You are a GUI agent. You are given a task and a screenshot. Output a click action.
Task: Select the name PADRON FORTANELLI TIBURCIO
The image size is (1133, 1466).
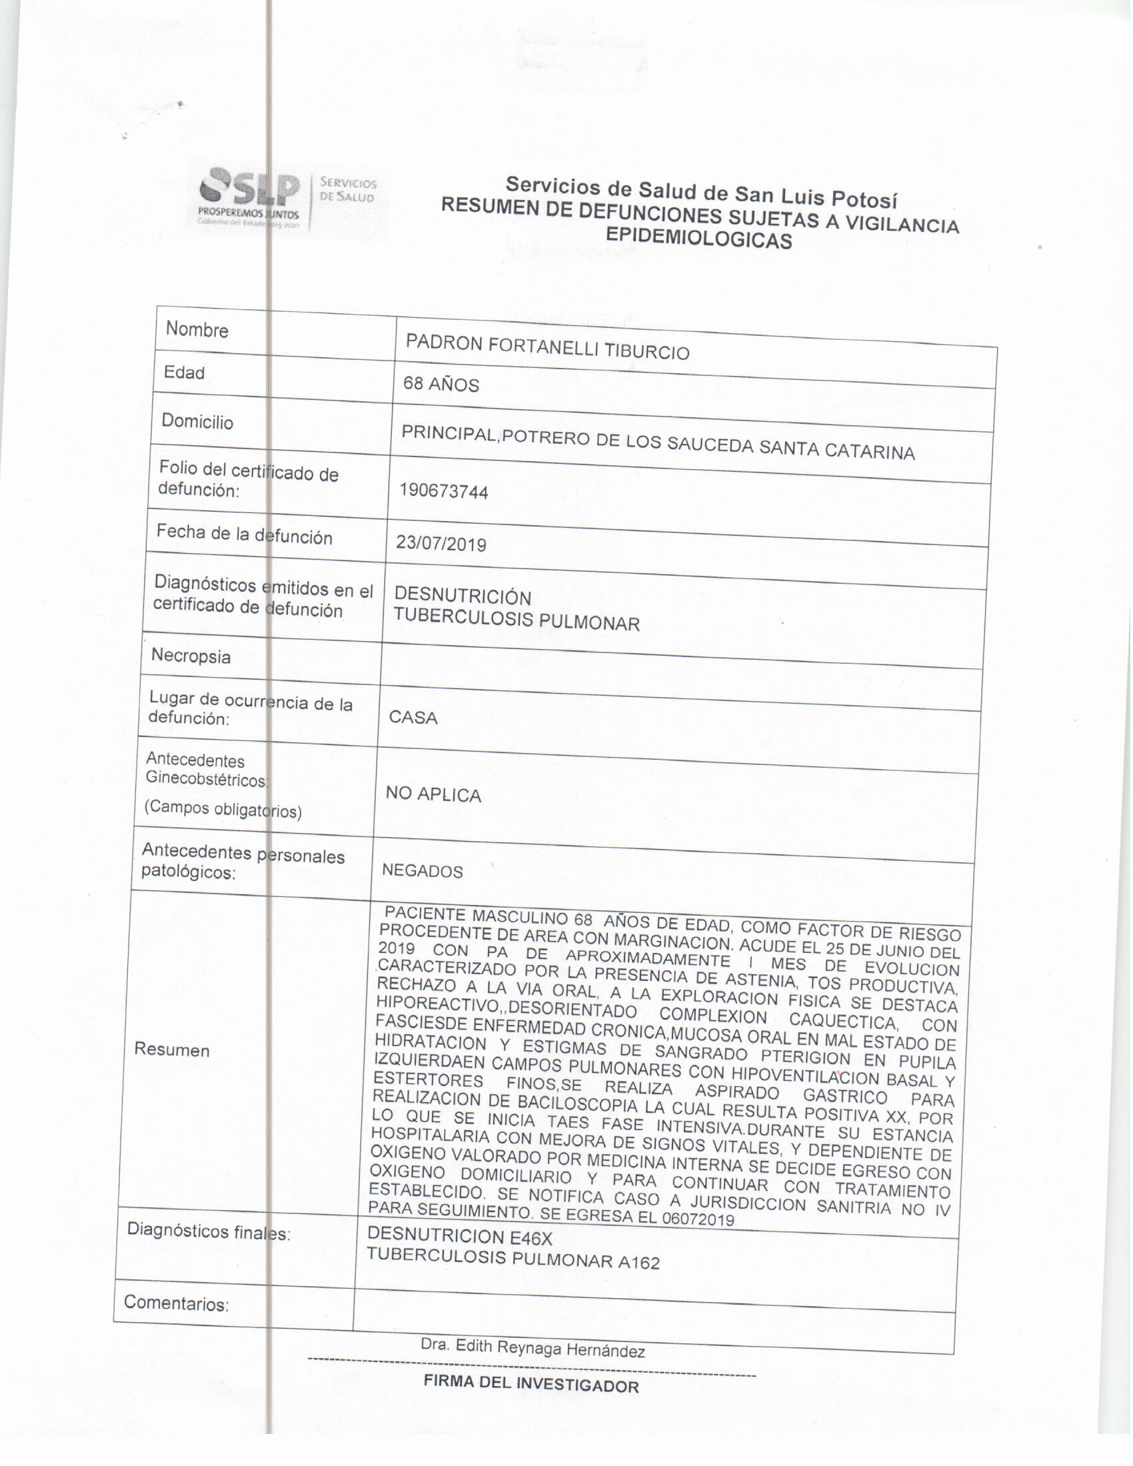coord(547,347)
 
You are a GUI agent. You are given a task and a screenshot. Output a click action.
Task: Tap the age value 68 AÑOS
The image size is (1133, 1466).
coord(441,384)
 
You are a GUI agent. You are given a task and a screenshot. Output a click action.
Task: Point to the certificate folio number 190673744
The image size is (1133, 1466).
coord(444,491)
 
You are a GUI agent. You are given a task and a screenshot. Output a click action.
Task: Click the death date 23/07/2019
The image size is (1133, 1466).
coord(441,543)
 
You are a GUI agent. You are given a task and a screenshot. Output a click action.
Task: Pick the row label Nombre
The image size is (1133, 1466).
coord(197,330)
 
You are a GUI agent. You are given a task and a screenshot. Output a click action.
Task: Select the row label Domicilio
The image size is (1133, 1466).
coord(197,422)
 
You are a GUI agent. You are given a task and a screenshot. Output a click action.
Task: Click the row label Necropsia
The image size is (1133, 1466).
coord(191,656)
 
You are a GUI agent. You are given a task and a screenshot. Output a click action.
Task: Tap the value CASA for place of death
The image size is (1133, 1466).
coord(413,718)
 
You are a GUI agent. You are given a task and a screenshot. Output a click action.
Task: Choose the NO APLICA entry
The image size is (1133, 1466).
coord(433,795)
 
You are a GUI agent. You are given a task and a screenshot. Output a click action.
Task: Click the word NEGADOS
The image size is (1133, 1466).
coord(422,872)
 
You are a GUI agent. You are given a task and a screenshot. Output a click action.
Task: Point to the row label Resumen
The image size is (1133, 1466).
coord(172,1050)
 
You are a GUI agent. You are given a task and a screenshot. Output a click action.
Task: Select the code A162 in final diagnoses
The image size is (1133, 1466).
coord(639,1263)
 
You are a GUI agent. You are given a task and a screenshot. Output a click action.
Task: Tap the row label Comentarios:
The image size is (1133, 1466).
coord(177,1303)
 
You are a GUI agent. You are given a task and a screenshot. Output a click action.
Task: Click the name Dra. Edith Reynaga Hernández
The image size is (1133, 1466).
coord(533,1349)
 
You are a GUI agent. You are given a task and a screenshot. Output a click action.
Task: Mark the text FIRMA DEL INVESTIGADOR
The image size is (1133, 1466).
coord(531,1383)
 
